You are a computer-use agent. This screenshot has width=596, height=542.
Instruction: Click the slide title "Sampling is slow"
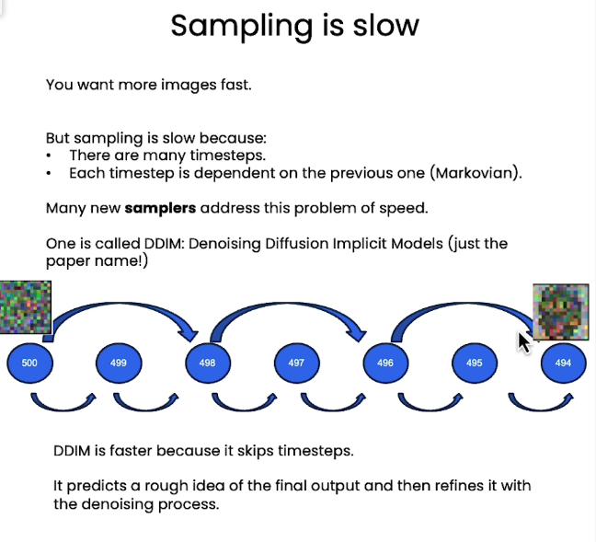coord(294,25)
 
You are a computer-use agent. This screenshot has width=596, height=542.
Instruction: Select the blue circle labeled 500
coord(29,363)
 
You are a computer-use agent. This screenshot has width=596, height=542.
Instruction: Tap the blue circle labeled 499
coord(119,363)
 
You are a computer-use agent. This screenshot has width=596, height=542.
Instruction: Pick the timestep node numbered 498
coord(208,363)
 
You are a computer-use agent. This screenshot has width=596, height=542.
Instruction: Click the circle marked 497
coord(296,363)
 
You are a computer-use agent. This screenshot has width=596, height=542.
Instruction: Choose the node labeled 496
coord(385,363)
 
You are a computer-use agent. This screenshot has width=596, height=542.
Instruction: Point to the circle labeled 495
coord(475,363)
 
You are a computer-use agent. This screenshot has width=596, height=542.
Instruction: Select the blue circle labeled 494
coord(563,363)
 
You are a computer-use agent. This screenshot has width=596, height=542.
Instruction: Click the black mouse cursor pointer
coord(524,342)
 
